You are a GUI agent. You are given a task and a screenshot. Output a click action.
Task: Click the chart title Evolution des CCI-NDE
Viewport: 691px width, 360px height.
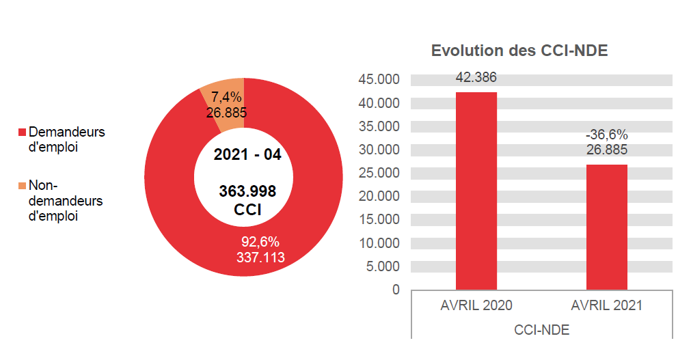519,51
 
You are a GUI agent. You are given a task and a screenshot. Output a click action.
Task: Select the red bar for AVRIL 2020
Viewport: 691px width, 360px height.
476,191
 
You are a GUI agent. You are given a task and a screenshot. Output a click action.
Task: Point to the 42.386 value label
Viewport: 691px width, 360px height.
476,77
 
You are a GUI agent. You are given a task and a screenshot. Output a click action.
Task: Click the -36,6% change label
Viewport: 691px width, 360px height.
607,135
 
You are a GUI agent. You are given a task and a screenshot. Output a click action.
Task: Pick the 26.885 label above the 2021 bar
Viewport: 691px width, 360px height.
607,150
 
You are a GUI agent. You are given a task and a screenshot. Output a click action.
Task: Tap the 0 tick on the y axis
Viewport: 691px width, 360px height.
396,290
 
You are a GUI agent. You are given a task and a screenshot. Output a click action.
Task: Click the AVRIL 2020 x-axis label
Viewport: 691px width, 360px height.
476,306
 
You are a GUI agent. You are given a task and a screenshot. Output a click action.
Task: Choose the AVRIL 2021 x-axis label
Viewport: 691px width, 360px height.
607,306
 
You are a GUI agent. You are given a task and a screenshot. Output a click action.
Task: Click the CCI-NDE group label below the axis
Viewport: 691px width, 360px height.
541,329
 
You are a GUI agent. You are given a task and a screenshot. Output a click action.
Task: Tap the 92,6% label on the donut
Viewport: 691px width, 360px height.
260,242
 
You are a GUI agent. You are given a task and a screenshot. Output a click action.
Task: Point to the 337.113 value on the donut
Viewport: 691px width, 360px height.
260,257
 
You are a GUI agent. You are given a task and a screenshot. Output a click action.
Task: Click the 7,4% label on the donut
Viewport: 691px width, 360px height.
226,98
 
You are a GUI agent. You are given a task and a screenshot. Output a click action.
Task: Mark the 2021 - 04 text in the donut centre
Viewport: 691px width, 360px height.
247,155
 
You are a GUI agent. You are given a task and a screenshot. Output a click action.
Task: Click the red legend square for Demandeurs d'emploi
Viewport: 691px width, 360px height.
22,132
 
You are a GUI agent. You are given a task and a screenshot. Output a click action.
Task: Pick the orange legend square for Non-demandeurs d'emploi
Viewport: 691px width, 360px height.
22,186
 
